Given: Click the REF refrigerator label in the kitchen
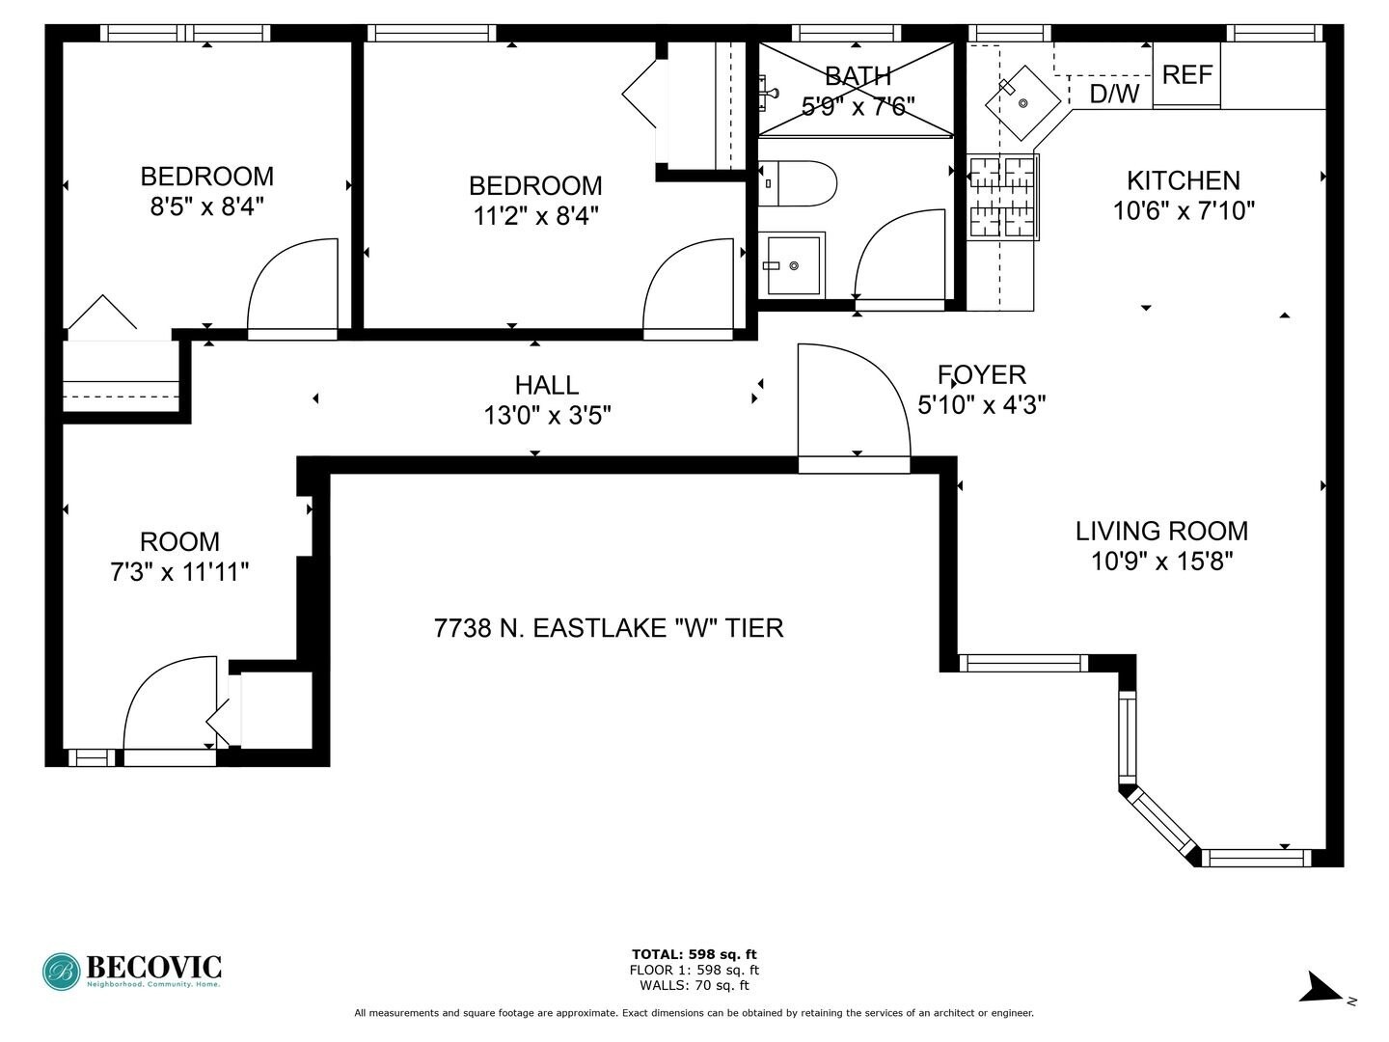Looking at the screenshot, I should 1186,74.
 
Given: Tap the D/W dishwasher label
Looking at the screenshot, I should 1114,94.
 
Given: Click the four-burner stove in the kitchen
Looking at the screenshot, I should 1003,197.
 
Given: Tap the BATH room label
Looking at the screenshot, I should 858,75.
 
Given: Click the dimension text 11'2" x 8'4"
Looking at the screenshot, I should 535,215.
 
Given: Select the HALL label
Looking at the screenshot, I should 547,385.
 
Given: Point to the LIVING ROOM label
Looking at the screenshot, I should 1161,531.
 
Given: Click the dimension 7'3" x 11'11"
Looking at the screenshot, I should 179,572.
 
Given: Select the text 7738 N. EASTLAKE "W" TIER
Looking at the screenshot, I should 609,628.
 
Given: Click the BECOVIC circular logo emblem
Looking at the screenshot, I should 62,972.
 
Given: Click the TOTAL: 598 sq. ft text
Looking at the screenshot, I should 694,954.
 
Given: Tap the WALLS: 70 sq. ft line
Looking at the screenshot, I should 694,985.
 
